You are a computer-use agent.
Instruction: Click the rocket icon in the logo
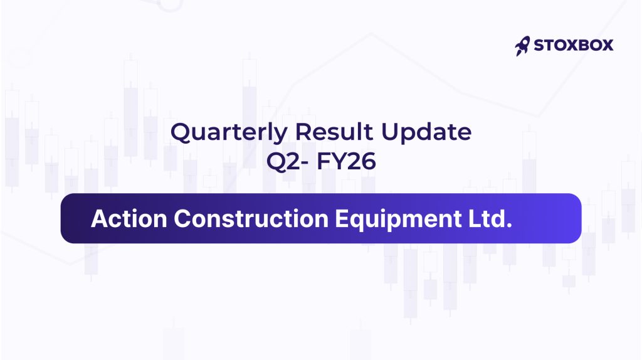[522, 46]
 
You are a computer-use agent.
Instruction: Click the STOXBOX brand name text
[574, 45]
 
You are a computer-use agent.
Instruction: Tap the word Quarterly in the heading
[229, 133]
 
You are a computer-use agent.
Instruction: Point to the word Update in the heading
[426, 133]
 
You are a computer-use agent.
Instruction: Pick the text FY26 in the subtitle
[346, 161]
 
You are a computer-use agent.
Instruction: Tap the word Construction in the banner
[251, 218]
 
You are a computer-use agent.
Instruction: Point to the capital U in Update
[390, 132]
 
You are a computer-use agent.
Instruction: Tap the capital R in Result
[303, 132]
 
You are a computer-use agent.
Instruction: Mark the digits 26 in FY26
[362, 161]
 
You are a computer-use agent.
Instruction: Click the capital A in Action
[100, 218]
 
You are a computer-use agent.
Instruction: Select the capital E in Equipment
[342, 218]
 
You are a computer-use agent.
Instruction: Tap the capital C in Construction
[182, 218]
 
